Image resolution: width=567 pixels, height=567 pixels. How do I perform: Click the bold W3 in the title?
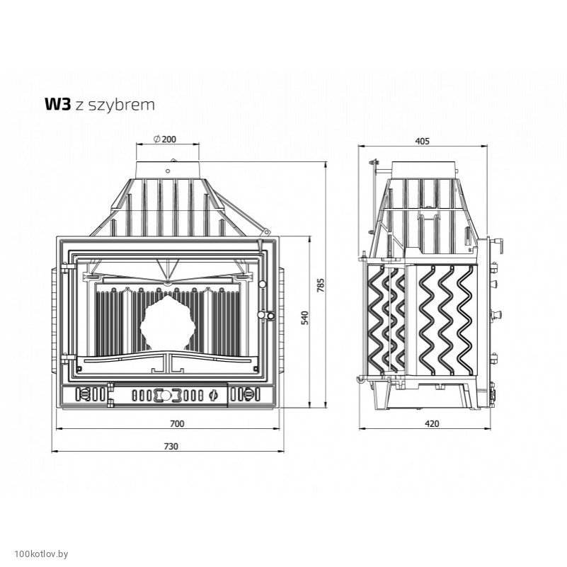(x=57, y=105)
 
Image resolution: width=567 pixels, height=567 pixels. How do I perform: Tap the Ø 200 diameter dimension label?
(x=165, y=139)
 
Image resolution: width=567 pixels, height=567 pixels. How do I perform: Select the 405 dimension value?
(x=422, y=141)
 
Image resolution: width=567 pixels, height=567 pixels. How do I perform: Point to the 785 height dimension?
(x=321, y=285)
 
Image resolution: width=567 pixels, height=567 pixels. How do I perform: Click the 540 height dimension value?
(x=305, y=318)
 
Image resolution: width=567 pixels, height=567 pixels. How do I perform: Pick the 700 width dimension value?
(x=177, y=423)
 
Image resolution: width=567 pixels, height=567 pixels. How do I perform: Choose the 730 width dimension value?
(x=171, y=446)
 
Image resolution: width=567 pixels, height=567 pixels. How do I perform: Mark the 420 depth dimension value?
(x=432, y=423)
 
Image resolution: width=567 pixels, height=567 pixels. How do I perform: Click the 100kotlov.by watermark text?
(x=41, y=554)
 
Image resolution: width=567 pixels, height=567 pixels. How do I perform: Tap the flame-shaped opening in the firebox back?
(x=168, y=323)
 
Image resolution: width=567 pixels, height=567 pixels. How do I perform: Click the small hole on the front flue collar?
(x=168, y=171)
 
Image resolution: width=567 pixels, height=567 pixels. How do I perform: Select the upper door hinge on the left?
(x=68, y=268)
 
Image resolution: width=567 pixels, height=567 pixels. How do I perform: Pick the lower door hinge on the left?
(x=68, y=357)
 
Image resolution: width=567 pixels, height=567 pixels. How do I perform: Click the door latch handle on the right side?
(x=266, y=315)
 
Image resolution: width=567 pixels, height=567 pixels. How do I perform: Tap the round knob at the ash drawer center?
(x=165, y=395)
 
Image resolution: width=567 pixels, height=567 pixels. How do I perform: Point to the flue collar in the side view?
(x=424, y=170)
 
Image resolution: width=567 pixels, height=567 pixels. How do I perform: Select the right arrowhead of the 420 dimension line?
(x=488, y=429)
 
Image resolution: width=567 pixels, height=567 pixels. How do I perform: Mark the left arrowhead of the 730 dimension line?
(x=55, y=452)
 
